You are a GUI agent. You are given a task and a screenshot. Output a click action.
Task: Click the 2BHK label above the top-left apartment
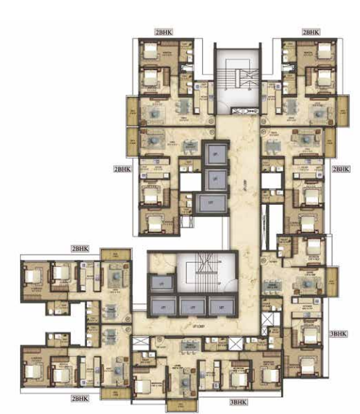(x=164, y=33)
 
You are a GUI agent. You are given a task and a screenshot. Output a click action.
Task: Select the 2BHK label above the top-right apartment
(x=311, y=33)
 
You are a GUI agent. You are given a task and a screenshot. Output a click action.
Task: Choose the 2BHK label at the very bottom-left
(x=81, y=398)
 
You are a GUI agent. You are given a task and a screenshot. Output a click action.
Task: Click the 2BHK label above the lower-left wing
(x=81, y=248)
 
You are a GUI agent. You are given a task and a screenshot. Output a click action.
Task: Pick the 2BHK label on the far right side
(x=340, y=169)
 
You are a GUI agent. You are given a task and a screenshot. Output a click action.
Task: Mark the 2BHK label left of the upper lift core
(x=121, y=169)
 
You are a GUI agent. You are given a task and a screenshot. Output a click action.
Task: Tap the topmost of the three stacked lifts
(x=213, y=154)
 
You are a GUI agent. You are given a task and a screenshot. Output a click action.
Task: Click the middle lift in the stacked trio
(x=213, y=177)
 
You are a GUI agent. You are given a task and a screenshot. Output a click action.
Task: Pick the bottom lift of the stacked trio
(x=213, y=203)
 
